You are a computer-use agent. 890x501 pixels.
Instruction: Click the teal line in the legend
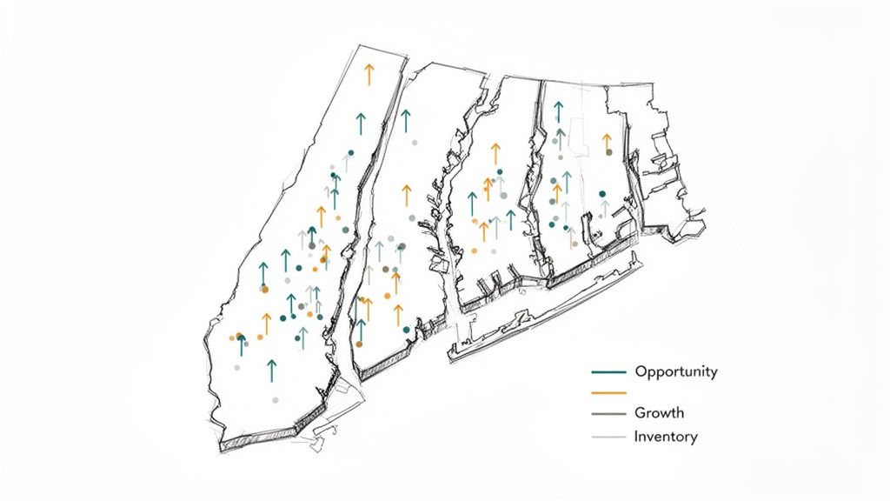click(x=608, y=372)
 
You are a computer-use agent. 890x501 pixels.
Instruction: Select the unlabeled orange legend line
click(x=608, y=393)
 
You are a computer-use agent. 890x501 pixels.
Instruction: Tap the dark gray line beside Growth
click(x=608, y=413)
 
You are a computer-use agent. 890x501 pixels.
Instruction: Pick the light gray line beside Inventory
click(x=608, y=437)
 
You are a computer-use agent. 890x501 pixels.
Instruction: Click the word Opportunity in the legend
click(x=676, y=372)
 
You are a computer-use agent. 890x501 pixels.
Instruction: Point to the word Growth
click(x=659, y=413)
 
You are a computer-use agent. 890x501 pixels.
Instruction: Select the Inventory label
click(x=665, y=437)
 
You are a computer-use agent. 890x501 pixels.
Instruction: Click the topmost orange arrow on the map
click(x=369, y=74)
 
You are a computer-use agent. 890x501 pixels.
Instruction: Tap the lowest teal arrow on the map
click(x=272, y=371)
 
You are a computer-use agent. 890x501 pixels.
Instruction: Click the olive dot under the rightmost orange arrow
click(x=608, y=152)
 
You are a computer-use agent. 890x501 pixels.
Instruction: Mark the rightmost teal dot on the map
click(x=601, y=194)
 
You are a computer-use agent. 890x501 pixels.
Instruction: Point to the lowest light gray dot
click(x=275, y=400)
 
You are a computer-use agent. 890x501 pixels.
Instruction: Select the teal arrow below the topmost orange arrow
click(x=360, y=124)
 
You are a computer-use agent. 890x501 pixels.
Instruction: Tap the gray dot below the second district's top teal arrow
click(x=415, y=142)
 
